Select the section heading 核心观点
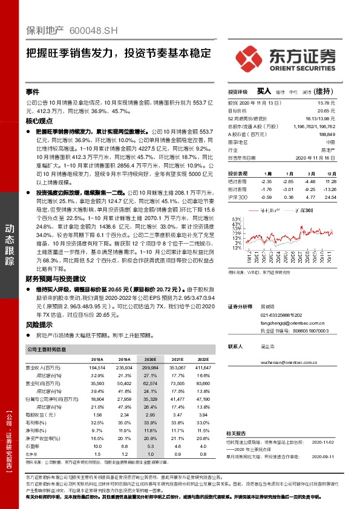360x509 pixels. click(x=39, y=122)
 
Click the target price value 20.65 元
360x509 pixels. click(x=326, y=111)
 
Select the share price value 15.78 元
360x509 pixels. click(x=327, y=103)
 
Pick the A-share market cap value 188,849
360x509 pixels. click(x=326, y=134)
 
